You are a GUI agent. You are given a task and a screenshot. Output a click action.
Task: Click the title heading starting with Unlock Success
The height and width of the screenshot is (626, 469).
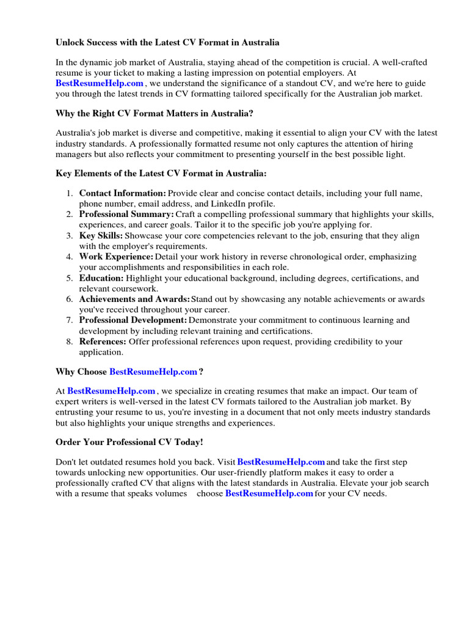coord(167,43)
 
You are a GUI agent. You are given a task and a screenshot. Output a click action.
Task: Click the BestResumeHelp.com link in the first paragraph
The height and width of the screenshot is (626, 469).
coord(100,83)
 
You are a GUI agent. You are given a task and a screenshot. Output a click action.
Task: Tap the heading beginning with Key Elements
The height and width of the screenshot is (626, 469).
coord(161,174)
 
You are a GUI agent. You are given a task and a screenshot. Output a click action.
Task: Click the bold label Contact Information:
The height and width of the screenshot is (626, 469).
coord(122,193)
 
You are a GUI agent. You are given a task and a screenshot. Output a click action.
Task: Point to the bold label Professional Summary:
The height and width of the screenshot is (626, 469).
coord(126,215)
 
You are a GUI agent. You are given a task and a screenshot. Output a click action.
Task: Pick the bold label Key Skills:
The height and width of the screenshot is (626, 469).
coord(101,235)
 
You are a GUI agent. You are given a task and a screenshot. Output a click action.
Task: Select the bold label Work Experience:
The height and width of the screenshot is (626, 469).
coord(115,257)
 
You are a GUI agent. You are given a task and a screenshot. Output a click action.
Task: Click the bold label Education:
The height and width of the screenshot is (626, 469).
coord(101,278)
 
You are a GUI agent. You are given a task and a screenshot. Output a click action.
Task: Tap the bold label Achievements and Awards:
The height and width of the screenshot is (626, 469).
coord(134,300)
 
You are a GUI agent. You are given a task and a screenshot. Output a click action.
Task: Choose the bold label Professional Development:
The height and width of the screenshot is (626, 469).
coord(133,320)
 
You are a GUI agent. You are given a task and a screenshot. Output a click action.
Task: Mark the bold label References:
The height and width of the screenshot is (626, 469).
coord(103,342)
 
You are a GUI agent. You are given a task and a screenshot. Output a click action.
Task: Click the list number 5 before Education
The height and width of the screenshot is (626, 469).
coord(69,278)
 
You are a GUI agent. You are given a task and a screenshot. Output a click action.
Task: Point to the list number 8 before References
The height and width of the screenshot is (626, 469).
coord(69,342)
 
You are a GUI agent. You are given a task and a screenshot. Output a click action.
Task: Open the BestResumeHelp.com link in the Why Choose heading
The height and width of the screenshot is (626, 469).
coord(153,372)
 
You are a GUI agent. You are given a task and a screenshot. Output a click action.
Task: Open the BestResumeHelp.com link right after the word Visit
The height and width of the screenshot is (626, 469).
coord(281,462)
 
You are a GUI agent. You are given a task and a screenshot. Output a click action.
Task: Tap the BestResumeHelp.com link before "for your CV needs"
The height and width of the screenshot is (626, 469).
coord(269,493)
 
